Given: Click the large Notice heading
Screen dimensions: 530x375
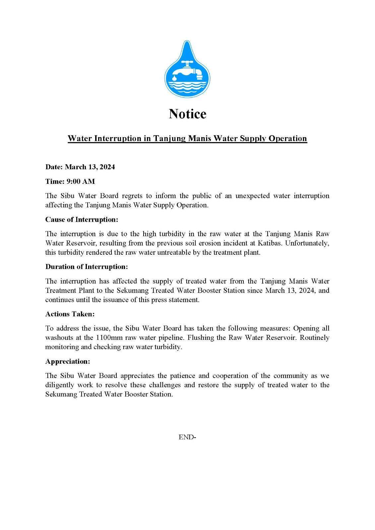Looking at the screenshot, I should [187, 114].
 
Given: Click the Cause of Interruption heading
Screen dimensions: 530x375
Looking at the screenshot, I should [82, 220].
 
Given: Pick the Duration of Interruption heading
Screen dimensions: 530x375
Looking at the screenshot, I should [86, 267].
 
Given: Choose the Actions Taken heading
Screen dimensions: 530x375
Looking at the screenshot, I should [70, 314].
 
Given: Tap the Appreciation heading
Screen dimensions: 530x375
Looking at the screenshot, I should [68, 361].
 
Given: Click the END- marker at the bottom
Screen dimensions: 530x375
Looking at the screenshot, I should [187, 437].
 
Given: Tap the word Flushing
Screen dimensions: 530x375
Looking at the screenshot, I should [229, 338].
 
